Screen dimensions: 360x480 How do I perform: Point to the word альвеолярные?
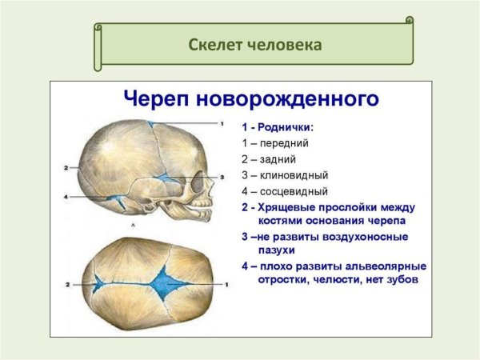click(x=387, y=266)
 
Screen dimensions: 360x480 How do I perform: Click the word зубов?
click(x=404, y=280)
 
